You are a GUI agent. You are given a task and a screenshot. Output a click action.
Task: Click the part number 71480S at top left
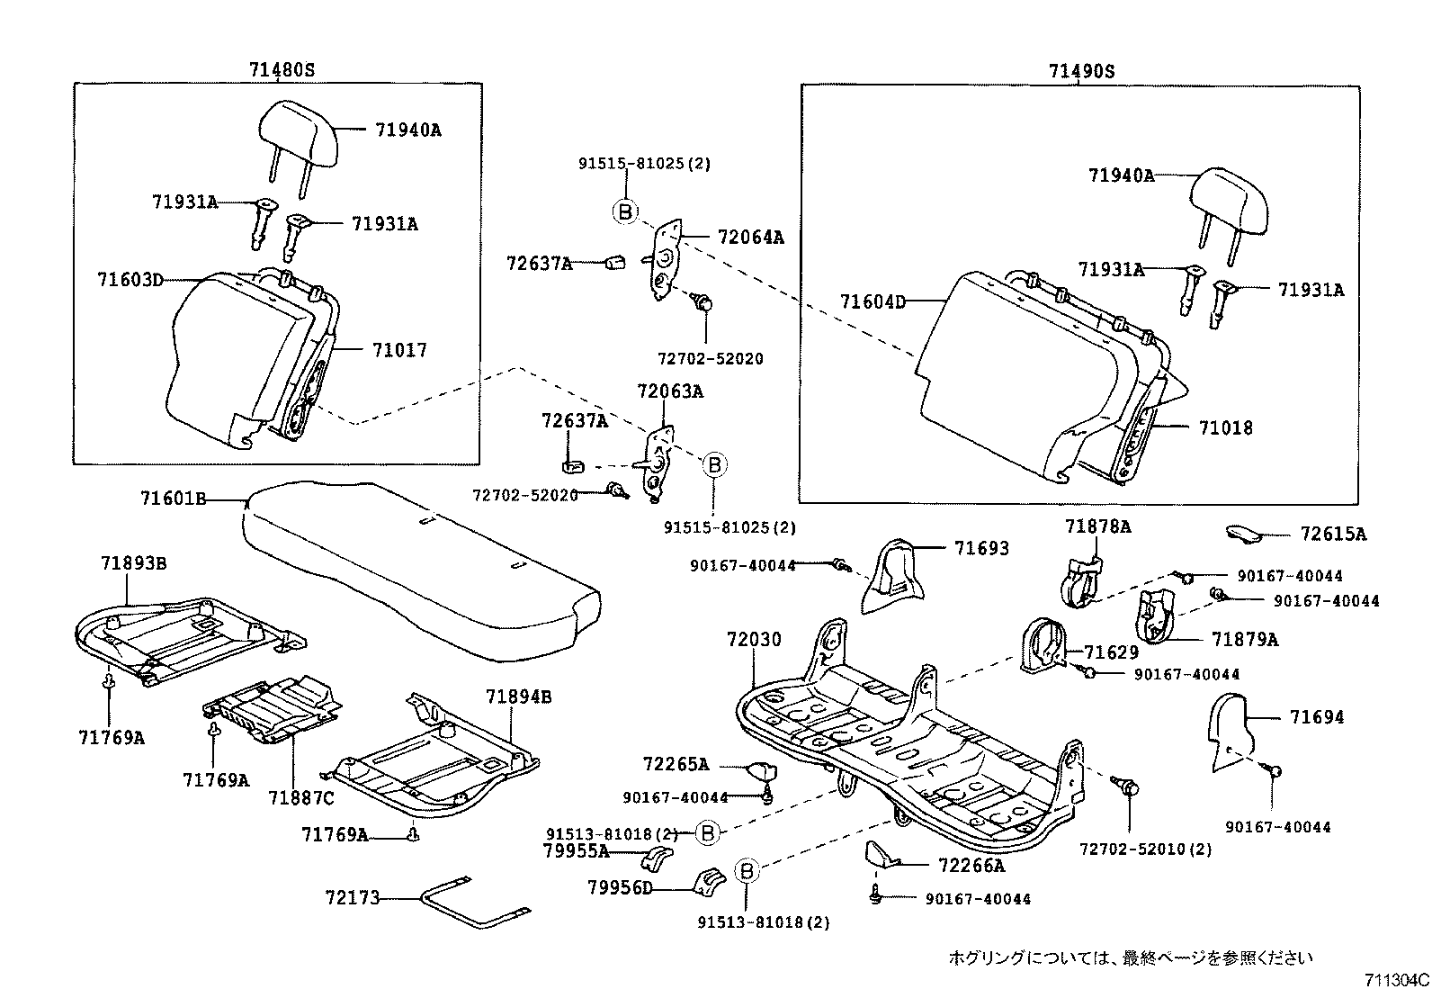pyautogui.click(x=282, y=70)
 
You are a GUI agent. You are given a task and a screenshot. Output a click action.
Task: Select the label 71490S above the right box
pyautogui.click(x=1080, y=71)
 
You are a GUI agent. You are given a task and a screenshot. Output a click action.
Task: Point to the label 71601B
pyautogui.click(x=174, y=498)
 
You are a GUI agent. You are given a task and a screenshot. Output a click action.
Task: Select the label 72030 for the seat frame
pyautogui.click(x=754, y=640)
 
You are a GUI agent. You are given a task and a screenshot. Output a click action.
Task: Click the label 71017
pyautogui.click(x=399, y=350)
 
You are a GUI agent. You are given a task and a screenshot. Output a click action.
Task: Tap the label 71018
pyautogui.click(x=1225, y=427)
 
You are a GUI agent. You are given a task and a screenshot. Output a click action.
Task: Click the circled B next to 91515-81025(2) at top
pyautogui.click(x=624, y=212)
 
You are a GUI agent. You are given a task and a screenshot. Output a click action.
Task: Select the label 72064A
pyautogui.click(x=751, y=238)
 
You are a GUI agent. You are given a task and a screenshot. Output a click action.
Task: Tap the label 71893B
pyautogui.click(x=133, y=563)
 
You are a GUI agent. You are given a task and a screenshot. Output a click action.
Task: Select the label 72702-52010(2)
pyautogui.click(x=1145, y=850)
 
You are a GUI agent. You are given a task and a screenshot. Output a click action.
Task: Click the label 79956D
pyautogui.click(x=620, y=888)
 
